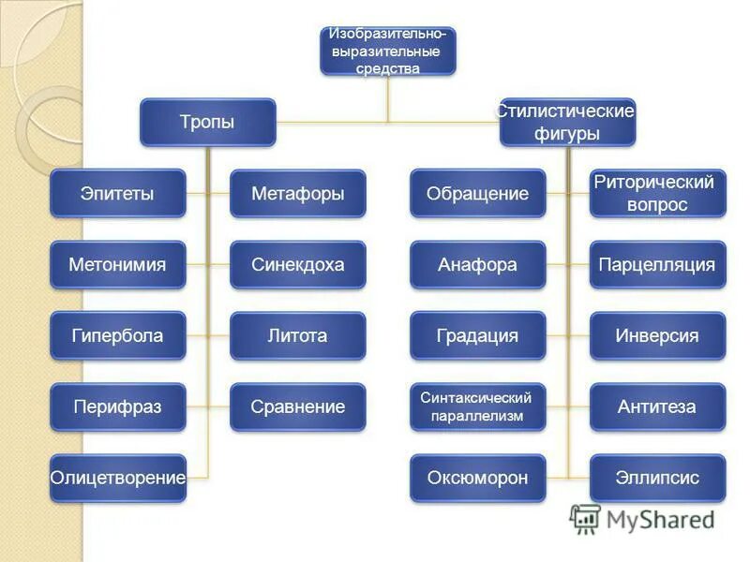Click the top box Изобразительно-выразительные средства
pyautogui.click(x=387, y=52)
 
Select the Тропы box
pyautogui.click(x=207, y=123)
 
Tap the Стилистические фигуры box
pyautogui.click(x=566, y=123)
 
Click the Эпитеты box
pyautogui.click(x=117, y=194)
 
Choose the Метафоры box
pyautogui.click(x=297, y=194)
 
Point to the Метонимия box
pyautogui.click(x=117, y=265)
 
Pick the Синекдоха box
pyautogui.click(x=297, y=265)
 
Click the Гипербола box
pyautogui.click(x=117, y=336)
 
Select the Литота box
pyautogui.click(x=297, y=336)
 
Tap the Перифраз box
pyautogui.click(x=117, y=407)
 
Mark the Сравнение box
pyautogui.click(x=297, y=407)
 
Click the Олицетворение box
pyautogui.click(x=117, y=479)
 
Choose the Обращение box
pyautogui.click(x=477, y=194)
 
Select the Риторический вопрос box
pyautogui.click(x=657, y=194)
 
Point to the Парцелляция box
pyautogui.click(x=657, y=265)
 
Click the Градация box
pyautogui.click(x=477, y=336)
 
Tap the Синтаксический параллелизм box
pyautogui.click(x=477, y=407)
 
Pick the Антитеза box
pyautogui.click(x=657, y=407)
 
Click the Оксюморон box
pyautogui.click(x=477, y=479)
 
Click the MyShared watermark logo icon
pyautogui.click(x=585, y=519)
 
